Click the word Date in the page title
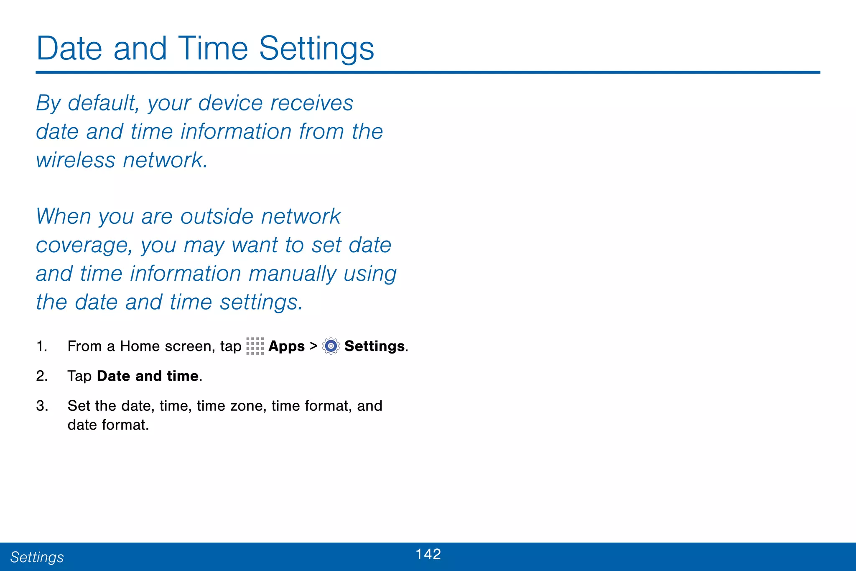tap(69, 49)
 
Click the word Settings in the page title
tap(316, 49)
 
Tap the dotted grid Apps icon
tap(255, 346)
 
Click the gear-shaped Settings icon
tap(331, 346)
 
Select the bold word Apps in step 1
tap(286, 346)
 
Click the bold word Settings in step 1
tap(374, 346)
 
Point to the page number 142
tap(428, 554)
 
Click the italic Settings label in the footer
tap(37, 557)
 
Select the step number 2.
tap(41, 376)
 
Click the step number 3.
tap(41, 406)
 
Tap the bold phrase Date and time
tap(148, 376)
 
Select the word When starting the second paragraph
tap(64, 217)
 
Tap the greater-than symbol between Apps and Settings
tap(313, 346)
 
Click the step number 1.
tap(41, 346)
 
